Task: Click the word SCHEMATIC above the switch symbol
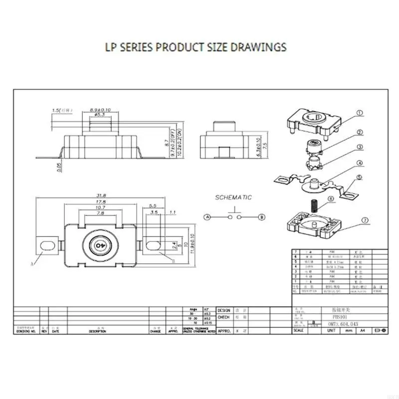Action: click(233, 198)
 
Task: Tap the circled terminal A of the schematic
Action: click(206, 217)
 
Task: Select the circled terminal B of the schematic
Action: click(262, 217)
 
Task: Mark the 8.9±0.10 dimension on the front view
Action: click(100, 110)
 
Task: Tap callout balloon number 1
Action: click(361, 113)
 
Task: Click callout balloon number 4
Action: click(359, 163)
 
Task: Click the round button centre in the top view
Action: click(100, 245)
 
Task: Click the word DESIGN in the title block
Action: click(224, 310)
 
